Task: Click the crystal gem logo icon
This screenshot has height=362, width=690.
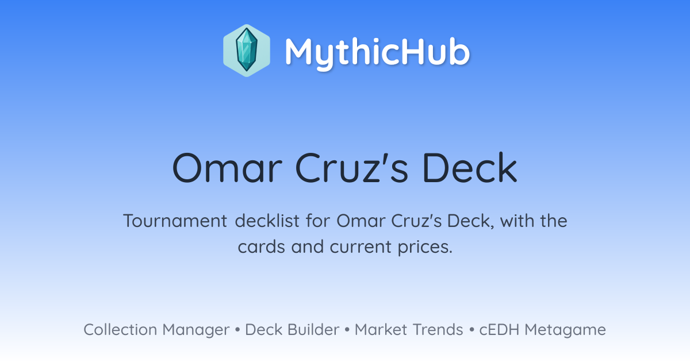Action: tap(247, 51)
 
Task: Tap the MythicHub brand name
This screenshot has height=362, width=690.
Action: tap(377, 52)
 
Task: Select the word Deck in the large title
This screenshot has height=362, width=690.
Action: tap(470, 168)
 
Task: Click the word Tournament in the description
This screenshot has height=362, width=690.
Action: tap(175, 221)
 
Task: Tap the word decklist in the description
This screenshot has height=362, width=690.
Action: tap(267, 221)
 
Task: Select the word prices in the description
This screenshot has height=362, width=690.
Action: tap(425, 247)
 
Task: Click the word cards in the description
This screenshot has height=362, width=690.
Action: tap(261, 247)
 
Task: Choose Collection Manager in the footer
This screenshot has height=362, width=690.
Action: tap(156, 330)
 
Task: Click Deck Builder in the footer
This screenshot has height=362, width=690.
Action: tap(292, 329)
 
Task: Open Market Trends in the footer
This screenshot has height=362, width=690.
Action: tap(409, 329)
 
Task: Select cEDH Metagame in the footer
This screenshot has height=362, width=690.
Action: tap(542, 330)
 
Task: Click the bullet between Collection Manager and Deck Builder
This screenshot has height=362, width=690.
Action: tap(237, 330)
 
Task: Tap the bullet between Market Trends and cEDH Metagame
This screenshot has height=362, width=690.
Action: tap(471, 330)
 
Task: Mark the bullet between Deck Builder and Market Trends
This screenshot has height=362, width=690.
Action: tap(347, 330)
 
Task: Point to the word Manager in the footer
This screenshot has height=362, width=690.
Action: tap(196, 330)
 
